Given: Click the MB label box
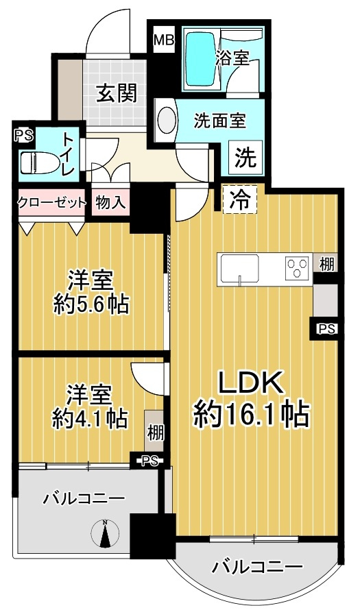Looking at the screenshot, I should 164,40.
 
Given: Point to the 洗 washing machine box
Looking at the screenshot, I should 245,158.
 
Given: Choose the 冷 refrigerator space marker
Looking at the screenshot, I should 239,200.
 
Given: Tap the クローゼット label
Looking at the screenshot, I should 52,202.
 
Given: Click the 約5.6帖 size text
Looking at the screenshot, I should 91,304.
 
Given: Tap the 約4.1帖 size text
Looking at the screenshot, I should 90,417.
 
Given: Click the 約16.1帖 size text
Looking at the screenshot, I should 251,413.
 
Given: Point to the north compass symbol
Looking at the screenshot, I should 105,533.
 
